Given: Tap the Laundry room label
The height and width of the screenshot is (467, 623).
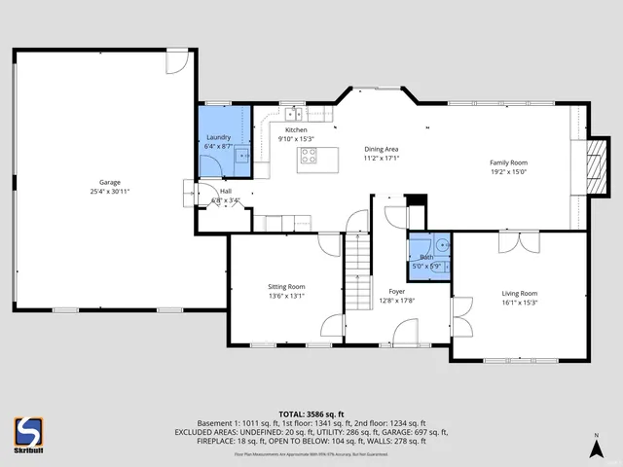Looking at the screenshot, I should pyautogui.click(x=219, y=137).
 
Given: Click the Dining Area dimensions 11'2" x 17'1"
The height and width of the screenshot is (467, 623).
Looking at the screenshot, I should pyautogui.click(x=382, y=158).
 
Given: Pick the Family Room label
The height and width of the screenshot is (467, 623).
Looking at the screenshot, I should pyautogui.click(x=507, y=162).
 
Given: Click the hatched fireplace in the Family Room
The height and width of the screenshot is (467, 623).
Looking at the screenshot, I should pyautogui.click(x=596, y=162).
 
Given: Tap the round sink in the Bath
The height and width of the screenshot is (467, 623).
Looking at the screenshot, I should pyautogui.click(x=441, y=245).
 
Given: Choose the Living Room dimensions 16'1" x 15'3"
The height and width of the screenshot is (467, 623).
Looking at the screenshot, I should pyautogui.click(x=519, y=302).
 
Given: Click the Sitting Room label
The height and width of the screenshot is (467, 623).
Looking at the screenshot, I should pyautogui.click(x=287, y=287).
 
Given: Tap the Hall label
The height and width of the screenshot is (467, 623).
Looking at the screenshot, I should pyautogui.click(x=226, y=193).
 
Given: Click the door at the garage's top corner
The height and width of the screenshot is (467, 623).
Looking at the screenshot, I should pyautogui.click(x=174, y=60).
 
